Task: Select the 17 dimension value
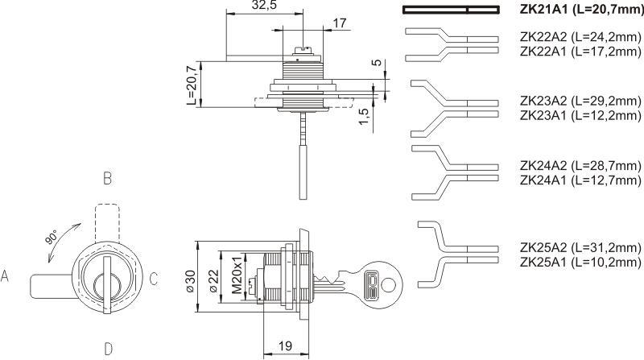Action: [340, 23]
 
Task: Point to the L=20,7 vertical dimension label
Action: [191, 86]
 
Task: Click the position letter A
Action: [6, 277]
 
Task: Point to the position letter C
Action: [153, 278]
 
